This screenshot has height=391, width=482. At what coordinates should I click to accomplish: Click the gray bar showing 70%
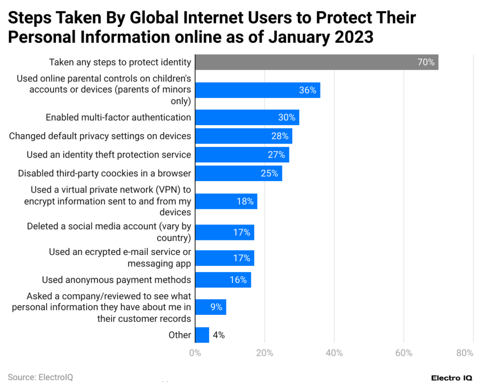pyautogui.click(x=316, y=62)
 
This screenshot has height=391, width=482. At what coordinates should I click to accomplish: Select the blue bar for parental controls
pyautogui.click(x=257, y=90)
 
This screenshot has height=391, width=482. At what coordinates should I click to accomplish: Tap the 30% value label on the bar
pyautogui.click(x=286, y=118)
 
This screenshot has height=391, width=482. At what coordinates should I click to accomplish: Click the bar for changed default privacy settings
pyautogui.click(x=243, y=136)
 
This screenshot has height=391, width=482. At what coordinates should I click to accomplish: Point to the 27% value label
pyautogui.click(x=276, y=155)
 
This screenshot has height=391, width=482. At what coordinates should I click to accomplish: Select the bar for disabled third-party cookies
pyautogui.click(x=238, y=173)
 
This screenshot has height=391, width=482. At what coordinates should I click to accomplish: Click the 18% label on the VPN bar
pyautogui.click(x=245, y=201)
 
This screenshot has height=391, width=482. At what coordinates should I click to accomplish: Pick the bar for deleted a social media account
pyautogui.click(x=225, y=232)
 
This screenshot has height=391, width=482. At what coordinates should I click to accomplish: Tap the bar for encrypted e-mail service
pyautogui.click(x=225, y=258)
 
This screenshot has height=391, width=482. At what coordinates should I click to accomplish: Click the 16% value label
pyautogui.click(x=238, y=280)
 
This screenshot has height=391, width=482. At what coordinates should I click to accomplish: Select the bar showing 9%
pyautogui.click(x=210, y=307)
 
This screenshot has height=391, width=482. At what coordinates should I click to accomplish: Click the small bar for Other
pyautogui.click(x=202, y=335)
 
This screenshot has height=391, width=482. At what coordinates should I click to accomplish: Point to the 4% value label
pyautogui.click(x=218, y=335)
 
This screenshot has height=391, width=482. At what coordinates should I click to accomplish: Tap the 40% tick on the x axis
pyautogui.click(x=334, y=353)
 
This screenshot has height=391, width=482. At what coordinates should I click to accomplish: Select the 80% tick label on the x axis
pyautogui.click(x=465, y=353)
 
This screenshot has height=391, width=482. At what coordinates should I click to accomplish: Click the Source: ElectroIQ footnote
pyautogui.click(x=40, y=377)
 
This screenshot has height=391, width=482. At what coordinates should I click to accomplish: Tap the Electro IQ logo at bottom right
pyautogui.click(x=452, y=378)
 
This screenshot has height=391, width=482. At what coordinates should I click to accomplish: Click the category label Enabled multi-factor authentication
pyautogui.click(x=118, y=118)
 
